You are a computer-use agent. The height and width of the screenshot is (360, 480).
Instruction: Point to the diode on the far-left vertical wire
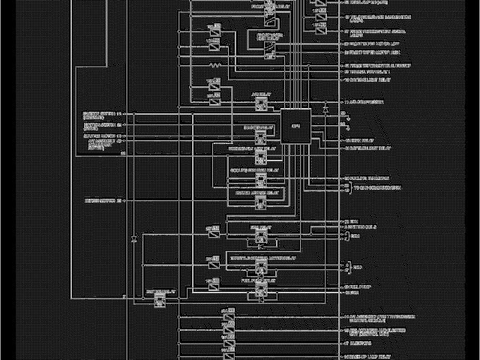click(x=132, y=238)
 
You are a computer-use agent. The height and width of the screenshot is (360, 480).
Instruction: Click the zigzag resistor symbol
click(x=215, y=66)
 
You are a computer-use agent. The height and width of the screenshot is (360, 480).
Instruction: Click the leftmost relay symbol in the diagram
click(x=159, y=298)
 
